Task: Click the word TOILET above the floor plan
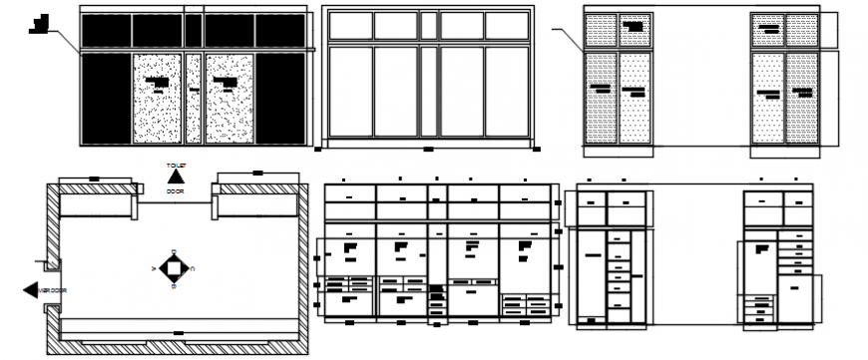pyautogui.click(x=176, y=165)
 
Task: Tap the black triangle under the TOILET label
pyautogui.click(x=176, y=178)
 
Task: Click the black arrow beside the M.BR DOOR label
pyautogui.click(x=29, y=289)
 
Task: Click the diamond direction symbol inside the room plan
pyautogui.click(x=175, y=267)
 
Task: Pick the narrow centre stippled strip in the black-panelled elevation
pyautogui.click(x=194, y=98)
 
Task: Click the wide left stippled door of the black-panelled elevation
pyautogui.click(x=157, y=98)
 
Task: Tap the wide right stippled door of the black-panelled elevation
pyautogui.click(x=229, y=98)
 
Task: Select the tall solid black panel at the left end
pyautogui.click(x=106, y=98)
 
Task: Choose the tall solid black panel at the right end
pyautogui.click(x=280, y=98)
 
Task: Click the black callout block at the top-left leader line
pyautogui.click(x=40, y=22)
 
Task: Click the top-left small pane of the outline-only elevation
pyautogui.click(x=350, y=26)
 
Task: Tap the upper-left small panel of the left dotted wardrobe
pyautogui.click(x=601, y=31)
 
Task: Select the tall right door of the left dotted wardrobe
pyautogui.click(x=635, y=98)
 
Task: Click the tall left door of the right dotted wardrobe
pyautogui.click(x=767, y=98)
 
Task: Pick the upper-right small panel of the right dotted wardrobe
pyautogui.click(x=801, y=31)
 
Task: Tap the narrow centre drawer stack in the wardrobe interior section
pyautogui.click(x=437, y=299)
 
